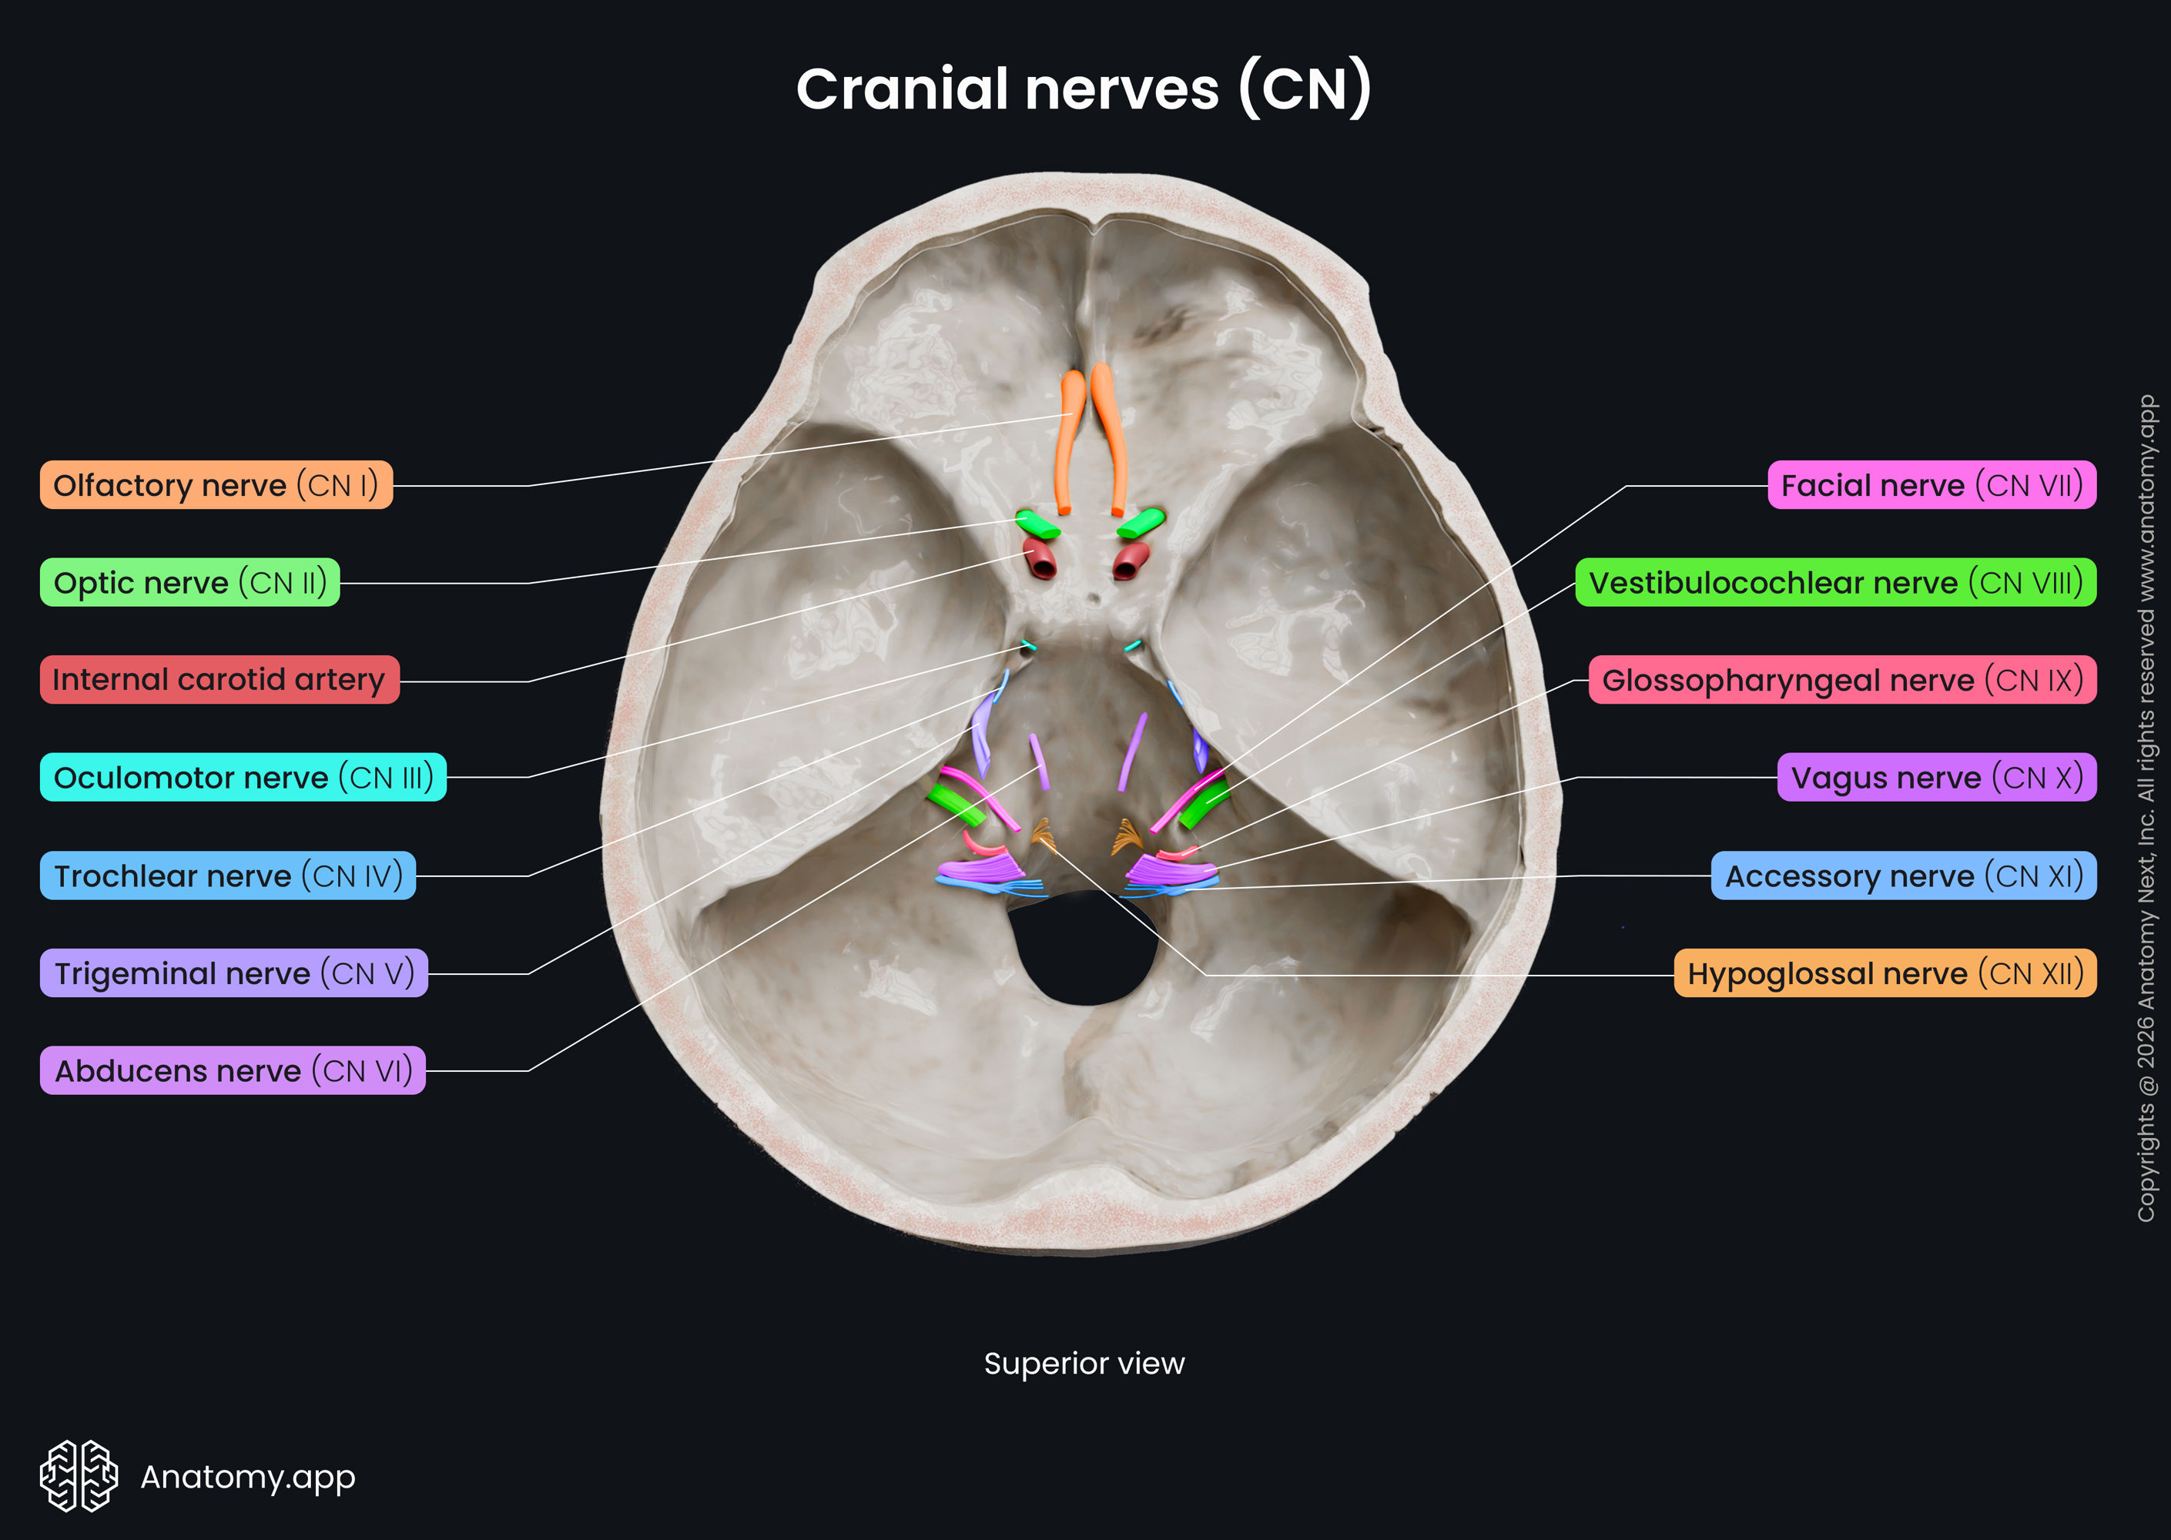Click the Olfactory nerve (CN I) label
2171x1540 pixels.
tap(216, 486)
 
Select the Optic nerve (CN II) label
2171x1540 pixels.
tap(189, 582)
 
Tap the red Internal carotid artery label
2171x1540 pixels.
tap(219, 680)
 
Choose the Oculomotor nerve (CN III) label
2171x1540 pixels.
tap(243, 778)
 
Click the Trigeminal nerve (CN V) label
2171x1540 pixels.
tap(233, 973)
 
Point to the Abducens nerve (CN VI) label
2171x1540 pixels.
tap(233, 1070)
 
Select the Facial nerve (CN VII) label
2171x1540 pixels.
tap(1931, 486)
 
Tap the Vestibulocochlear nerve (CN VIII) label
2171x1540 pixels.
tap(1835, 582)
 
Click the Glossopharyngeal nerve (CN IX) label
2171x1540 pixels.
tap(1842, 680)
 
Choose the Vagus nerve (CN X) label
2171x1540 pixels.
tap(1936, 778)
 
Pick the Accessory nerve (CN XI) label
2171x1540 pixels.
tap(1902, 875)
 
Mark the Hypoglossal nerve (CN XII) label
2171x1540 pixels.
tap(1885, 973)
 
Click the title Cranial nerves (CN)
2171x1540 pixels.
tap(1083, 89)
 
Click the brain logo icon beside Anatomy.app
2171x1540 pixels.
tap(79, 1476)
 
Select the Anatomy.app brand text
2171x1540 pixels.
tap(247, 1476)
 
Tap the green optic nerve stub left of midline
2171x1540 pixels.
tap(1037, 524)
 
